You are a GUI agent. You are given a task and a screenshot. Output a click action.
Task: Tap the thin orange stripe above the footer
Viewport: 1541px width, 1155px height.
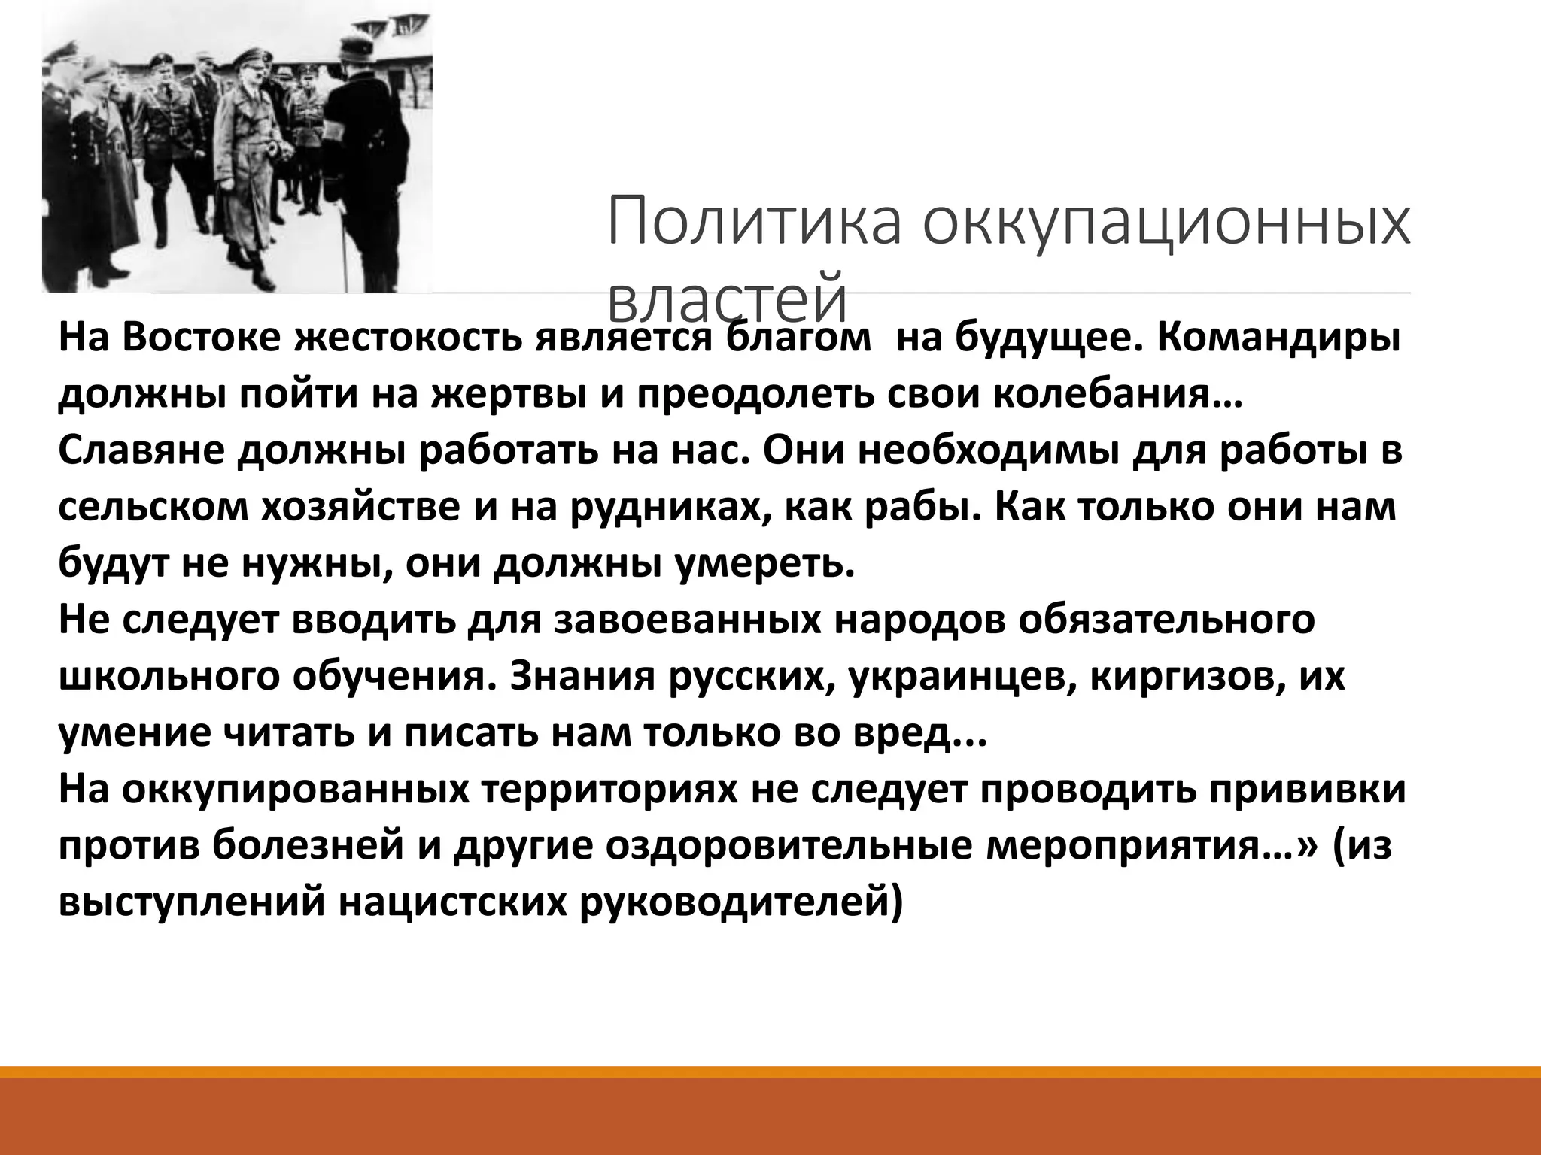point(770,1072)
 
